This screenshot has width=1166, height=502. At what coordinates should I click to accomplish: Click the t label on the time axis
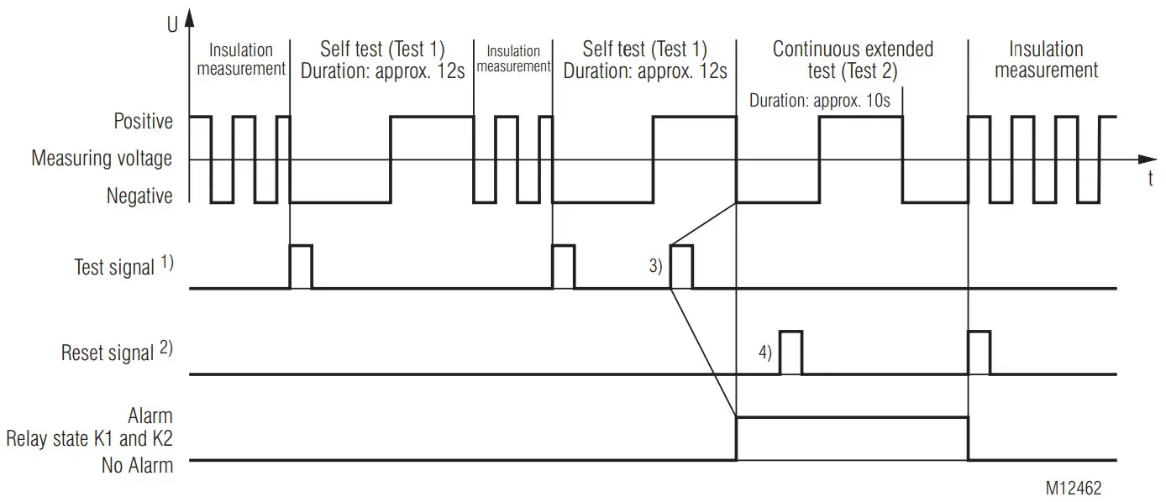(1150, 178)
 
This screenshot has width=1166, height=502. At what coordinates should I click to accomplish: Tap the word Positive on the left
(144, 122)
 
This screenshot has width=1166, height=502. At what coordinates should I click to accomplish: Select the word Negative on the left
(139, 196)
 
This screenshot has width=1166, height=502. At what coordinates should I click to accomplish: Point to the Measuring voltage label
(102, 158)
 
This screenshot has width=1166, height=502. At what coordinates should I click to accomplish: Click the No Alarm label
(137, 466)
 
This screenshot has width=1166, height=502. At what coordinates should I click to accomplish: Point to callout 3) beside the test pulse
(654, 267)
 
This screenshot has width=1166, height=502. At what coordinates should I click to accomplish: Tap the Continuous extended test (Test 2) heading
(853, 60)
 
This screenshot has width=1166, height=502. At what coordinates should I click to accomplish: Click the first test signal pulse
(301, 267)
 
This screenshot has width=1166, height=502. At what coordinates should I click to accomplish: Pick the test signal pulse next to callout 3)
(681, 267)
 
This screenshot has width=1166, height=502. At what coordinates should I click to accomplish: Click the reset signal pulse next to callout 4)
(791, 353)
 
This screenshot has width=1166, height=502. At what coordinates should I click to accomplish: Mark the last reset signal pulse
(980, 353)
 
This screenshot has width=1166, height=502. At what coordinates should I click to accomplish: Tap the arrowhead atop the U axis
(189, 17)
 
